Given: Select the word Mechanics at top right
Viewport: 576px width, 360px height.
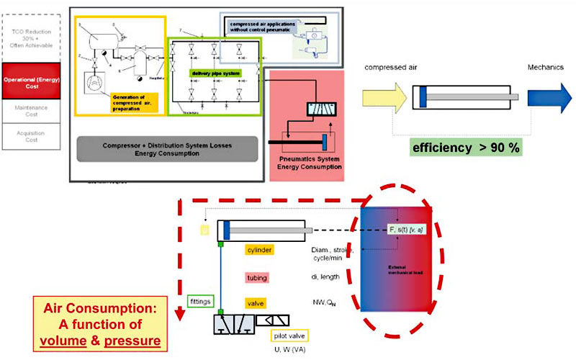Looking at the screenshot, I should pyautogui.click(x=544, y=66).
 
